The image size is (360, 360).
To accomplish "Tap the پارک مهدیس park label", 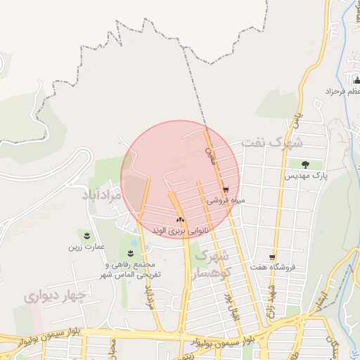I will click(x=304, y=176).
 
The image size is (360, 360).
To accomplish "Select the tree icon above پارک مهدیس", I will click(x=305, y=165).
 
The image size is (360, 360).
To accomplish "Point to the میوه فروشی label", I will click(x=226, y=201).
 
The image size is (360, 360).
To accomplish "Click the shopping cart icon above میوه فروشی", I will click(x=225, y=190).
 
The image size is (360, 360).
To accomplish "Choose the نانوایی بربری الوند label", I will click(x=181, y=229).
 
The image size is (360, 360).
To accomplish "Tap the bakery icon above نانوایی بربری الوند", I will click(x=180, y=219).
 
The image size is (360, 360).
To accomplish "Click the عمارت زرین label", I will click(x=86, y=247).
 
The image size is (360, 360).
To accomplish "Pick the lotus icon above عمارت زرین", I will click(x=86, y=235).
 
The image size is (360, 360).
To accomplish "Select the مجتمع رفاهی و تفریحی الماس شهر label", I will click(x=132, y=269).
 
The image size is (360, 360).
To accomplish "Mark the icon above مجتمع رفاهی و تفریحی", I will click(x=131, y=253).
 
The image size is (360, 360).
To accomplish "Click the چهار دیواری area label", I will click(x=54, y=296).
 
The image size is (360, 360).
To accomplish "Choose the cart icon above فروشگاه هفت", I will click(x=272, y=257).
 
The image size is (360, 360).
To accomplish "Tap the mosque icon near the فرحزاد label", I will click(x=356, y=81).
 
